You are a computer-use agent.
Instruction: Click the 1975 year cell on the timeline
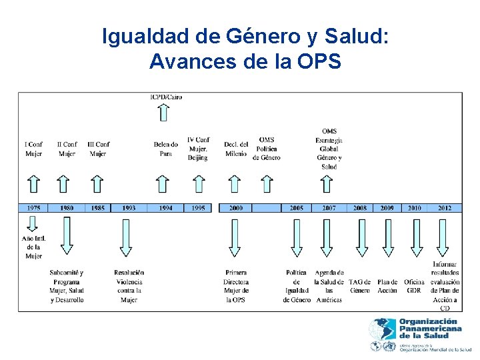[33, 208]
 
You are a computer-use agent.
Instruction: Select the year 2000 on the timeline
[235, 208]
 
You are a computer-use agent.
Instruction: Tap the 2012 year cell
[445, 208]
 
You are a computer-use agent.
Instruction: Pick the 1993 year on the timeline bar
[129, 208]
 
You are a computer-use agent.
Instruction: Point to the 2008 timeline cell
[360, 208]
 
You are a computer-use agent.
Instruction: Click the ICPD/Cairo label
[166, 97]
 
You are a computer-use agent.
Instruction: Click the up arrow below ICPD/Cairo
[163, 111]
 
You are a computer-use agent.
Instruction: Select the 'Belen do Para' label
[165, 149]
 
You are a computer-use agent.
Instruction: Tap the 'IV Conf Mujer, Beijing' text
[198, 149]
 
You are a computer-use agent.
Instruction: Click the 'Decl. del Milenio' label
[235, 149]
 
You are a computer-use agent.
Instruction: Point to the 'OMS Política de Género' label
[267, 149]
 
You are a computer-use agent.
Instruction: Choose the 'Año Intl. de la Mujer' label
[33, 247]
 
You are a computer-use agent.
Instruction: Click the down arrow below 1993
[124, 237]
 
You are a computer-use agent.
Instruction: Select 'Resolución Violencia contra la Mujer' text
[129, 286]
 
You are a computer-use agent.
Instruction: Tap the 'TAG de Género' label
[359, 286]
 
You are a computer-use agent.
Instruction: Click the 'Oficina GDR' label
[414, 286]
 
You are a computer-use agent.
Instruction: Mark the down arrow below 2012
[444, 237]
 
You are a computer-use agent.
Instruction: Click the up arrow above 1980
[63, 183]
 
